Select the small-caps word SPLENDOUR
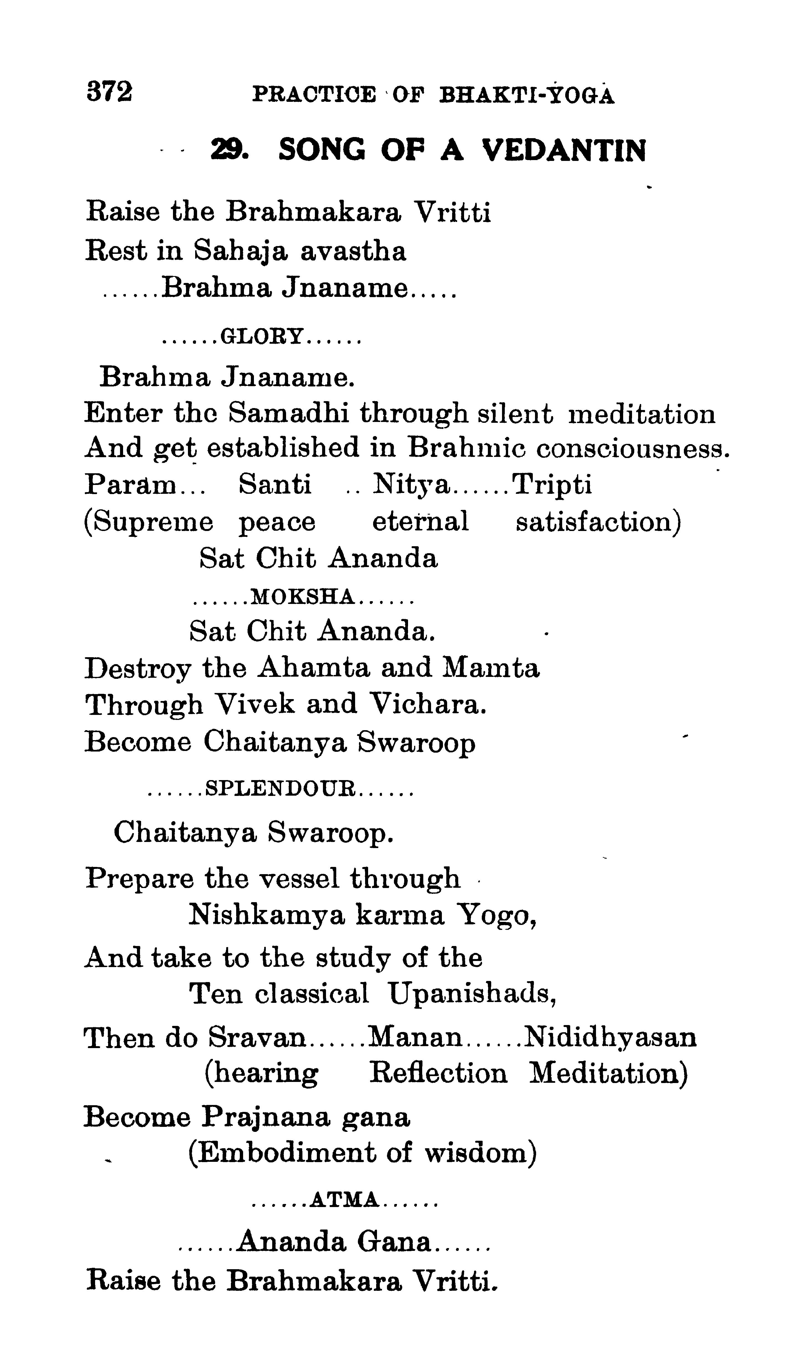tap(281, 788)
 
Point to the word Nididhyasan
tap(610, 1038)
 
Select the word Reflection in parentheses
tap(438, 1074)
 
